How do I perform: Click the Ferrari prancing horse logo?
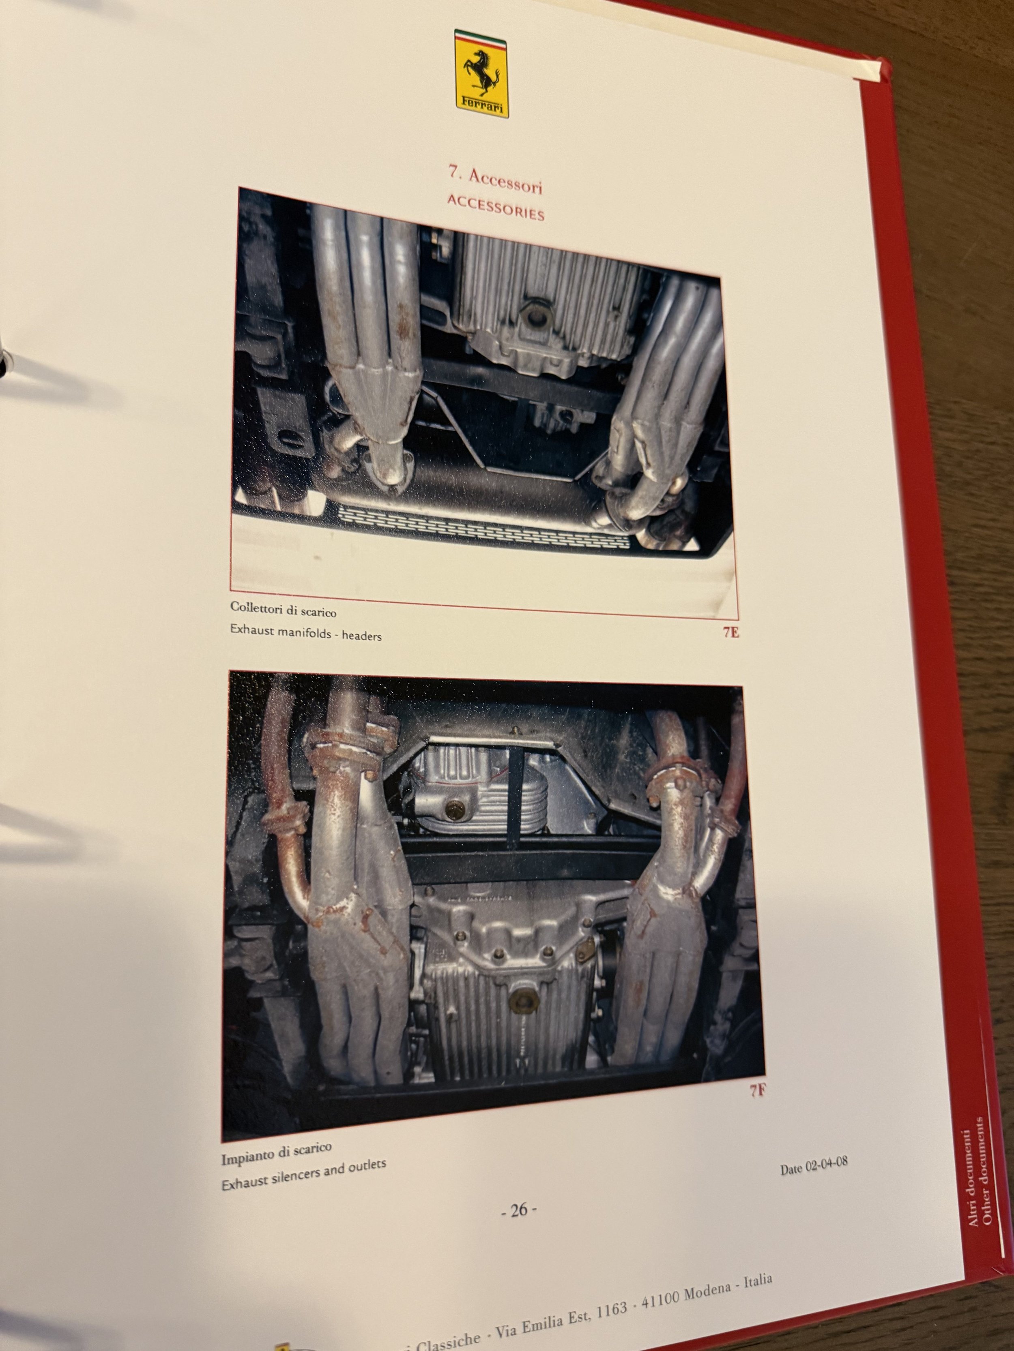tap(481, 73)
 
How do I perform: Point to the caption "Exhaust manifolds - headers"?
tap(305, 633)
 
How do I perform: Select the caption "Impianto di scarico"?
tap(276, 1154)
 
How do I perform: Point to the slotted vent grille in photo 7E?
tap(483, 525)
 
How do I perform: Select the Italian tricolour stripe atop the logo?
tap(481, 36)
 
